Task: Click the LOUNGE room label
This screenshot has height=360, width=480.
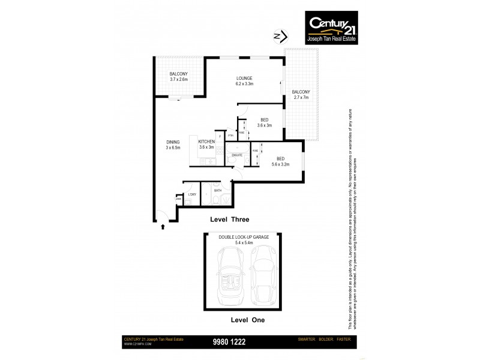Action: pyautogui.click(x=244, y=81)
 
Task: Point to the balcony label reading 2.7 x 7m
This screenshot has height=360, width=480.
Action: pyautogui.click(x=301, y=95)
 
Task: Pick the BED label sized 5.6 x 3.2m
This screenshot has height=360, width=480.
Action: pyautogui.click(x=281, y=161)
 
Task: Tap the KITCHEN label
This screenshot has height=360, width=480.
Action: pyautogui.click(x=207, y=145)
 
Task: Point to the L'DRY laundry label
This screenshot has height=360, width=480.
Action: pyautogui.click(x=193, y=195)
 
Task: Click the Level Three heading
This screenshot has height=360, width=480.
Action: pyautogui.click(x=229, y=220)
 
